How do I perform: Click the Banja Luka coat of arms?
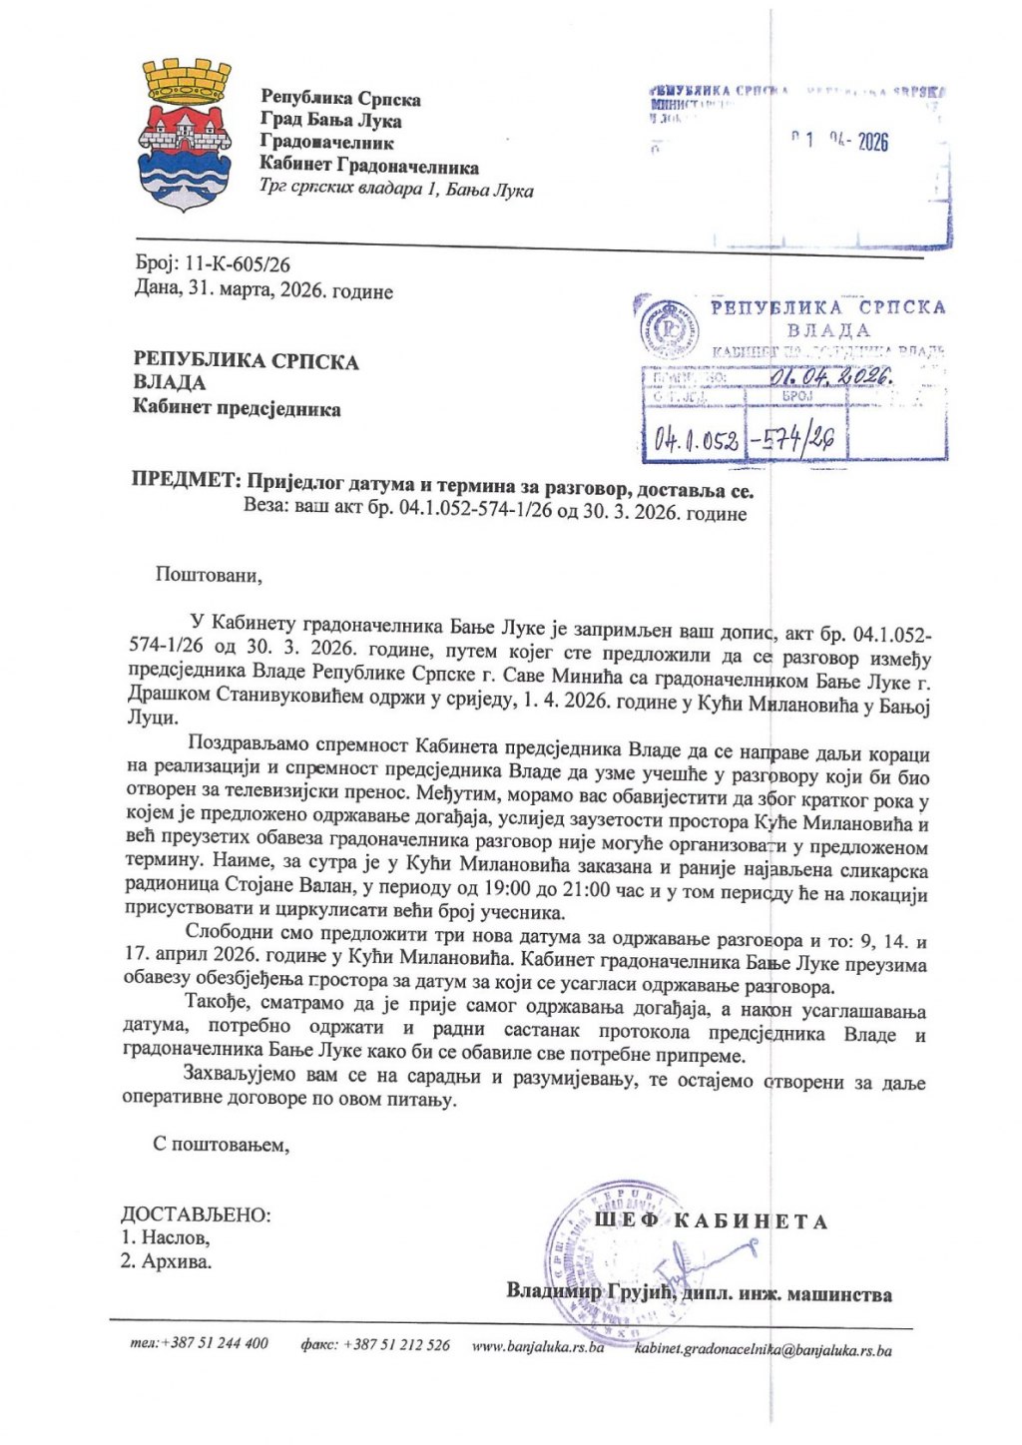click(188, 134)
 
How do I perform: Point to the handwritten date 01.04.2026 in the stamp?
click(837, 377)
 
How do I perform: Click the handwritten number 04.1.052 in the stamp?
click(697, 440)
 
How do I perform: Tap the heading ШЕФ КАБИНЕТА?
click(711, 1221)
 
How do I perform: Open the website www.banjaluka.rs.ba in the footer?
click(538, 1346)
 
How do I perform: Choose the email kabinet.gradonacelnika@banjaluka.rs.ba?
click(763, 1350)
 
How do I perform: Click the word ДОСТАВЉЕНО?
click(196, 1214)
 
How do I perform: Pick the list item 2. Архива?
click(167, 1261)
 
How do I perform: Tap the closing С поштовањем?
click(221, 1144)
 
